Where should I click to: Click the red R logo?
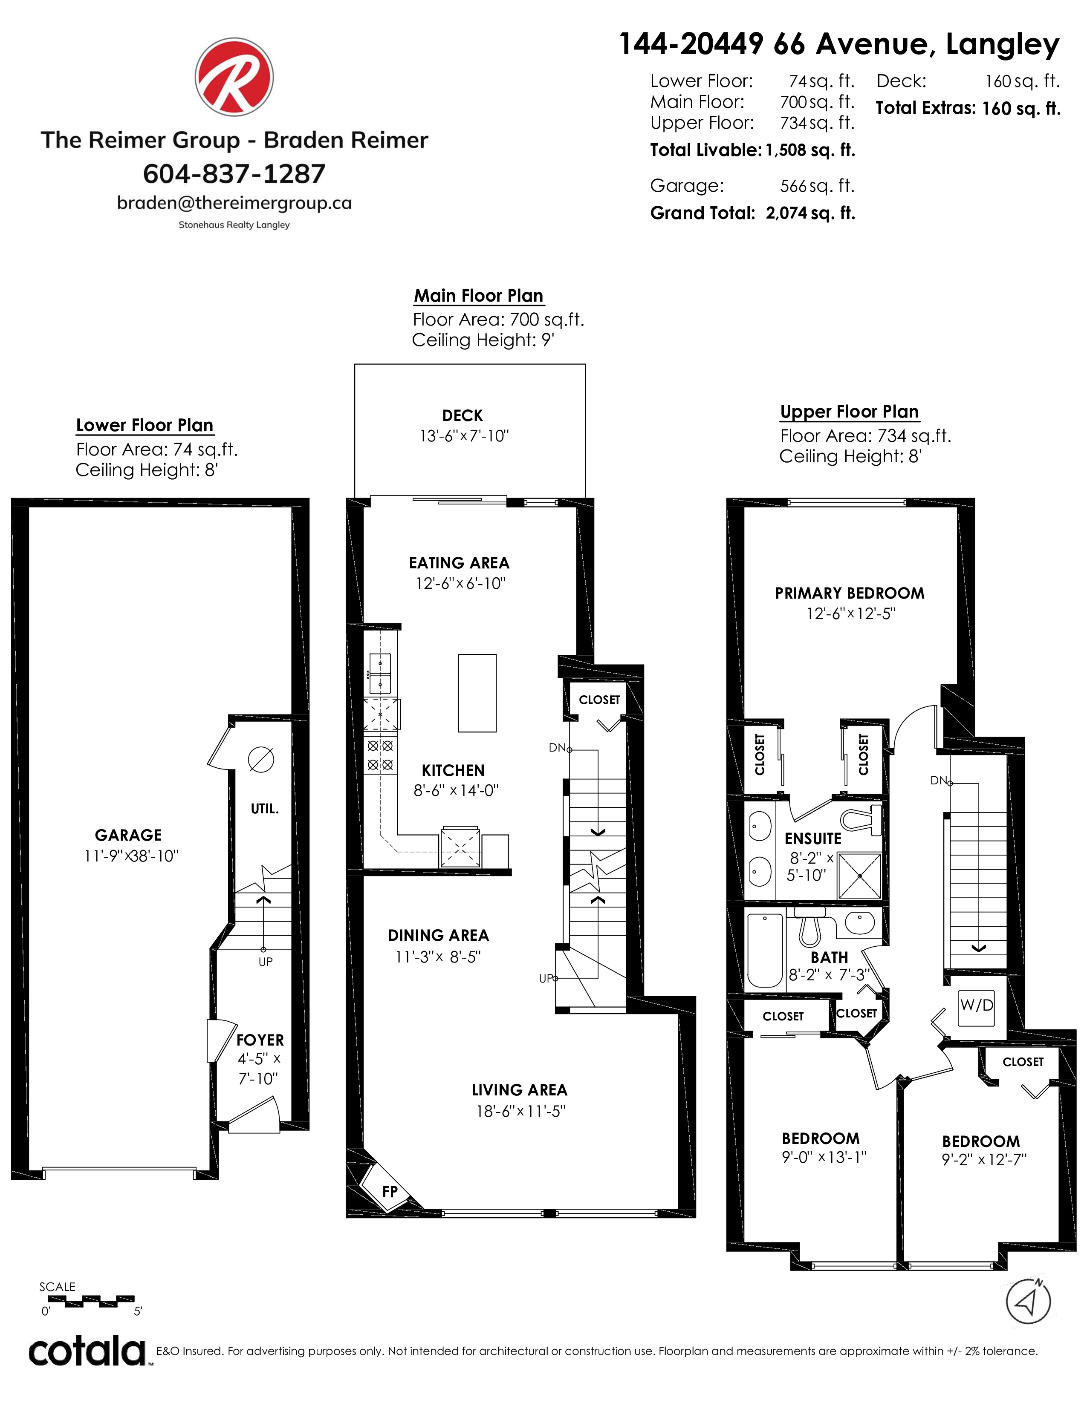[234, 77]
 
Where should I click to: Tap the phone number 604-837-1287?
[234, 174]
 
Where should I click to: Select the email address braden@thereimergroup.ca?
[234, 203]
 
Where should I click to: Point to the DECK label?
[463, 416]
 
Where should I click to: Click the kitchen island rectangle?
[477, 693]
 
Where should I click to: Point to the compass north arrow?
[1029, 1301]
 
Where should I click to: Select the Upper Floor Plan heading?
[850, 412]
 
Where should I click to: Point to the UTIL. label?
[265, 809]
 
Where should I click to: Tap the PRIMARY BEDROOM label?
[850, 594]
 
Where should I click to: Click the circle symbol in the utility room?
[261, 760]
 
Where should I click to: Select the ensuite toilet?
[861, 818]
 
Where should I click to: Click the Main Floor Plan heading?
[478, 296]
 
